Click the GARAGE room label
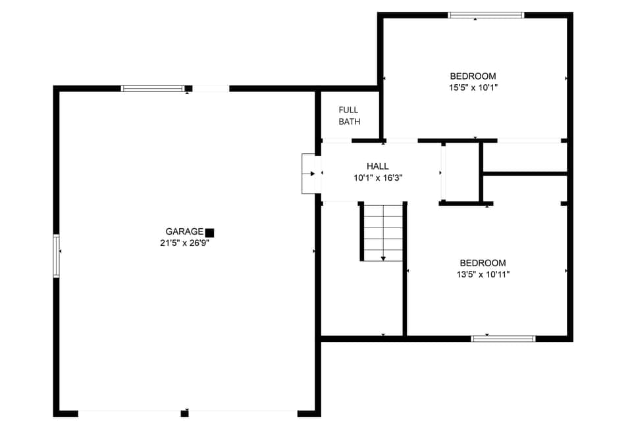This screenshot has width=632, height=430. [x=184, y=231]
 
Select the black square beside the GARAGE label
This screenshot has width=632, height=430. [x=209, y=232]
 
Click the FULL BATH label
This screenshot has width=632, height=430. [x=349, y=116]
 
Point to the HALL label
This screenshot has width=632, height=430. [x=378, y=166]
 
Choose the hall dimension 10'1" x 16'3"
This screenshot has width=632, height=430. [x=378, y=178]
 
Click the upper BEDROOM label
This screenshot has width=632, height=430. [x=473, y=76]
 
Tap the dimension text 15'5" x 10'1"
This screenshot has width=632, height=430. [x=473, y=87]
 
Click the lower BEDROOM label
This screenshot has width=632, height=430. [x=483, y=263]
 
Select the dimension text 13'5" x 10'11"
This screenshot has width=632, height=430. [x=483, y=274]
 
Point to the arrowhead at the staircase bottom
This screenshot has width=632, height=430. [x=383, y=258]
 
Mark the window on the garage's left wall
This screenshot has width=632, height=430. [x=57, y=256]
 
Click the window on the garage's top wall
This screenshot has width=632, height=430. [x=153, y=88]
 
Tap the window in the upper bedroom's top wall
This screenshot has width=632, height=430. [x=485, y=14]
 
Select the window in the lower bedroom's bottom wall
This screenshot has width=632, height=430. [x=503, y=339]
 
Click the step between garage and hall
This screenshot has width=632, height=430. [x=309, y=174]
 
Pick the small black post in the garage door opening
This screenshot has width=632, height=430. [x=184, y=413]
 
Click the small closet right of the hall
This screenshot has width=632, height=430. [x=462, y=172]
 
